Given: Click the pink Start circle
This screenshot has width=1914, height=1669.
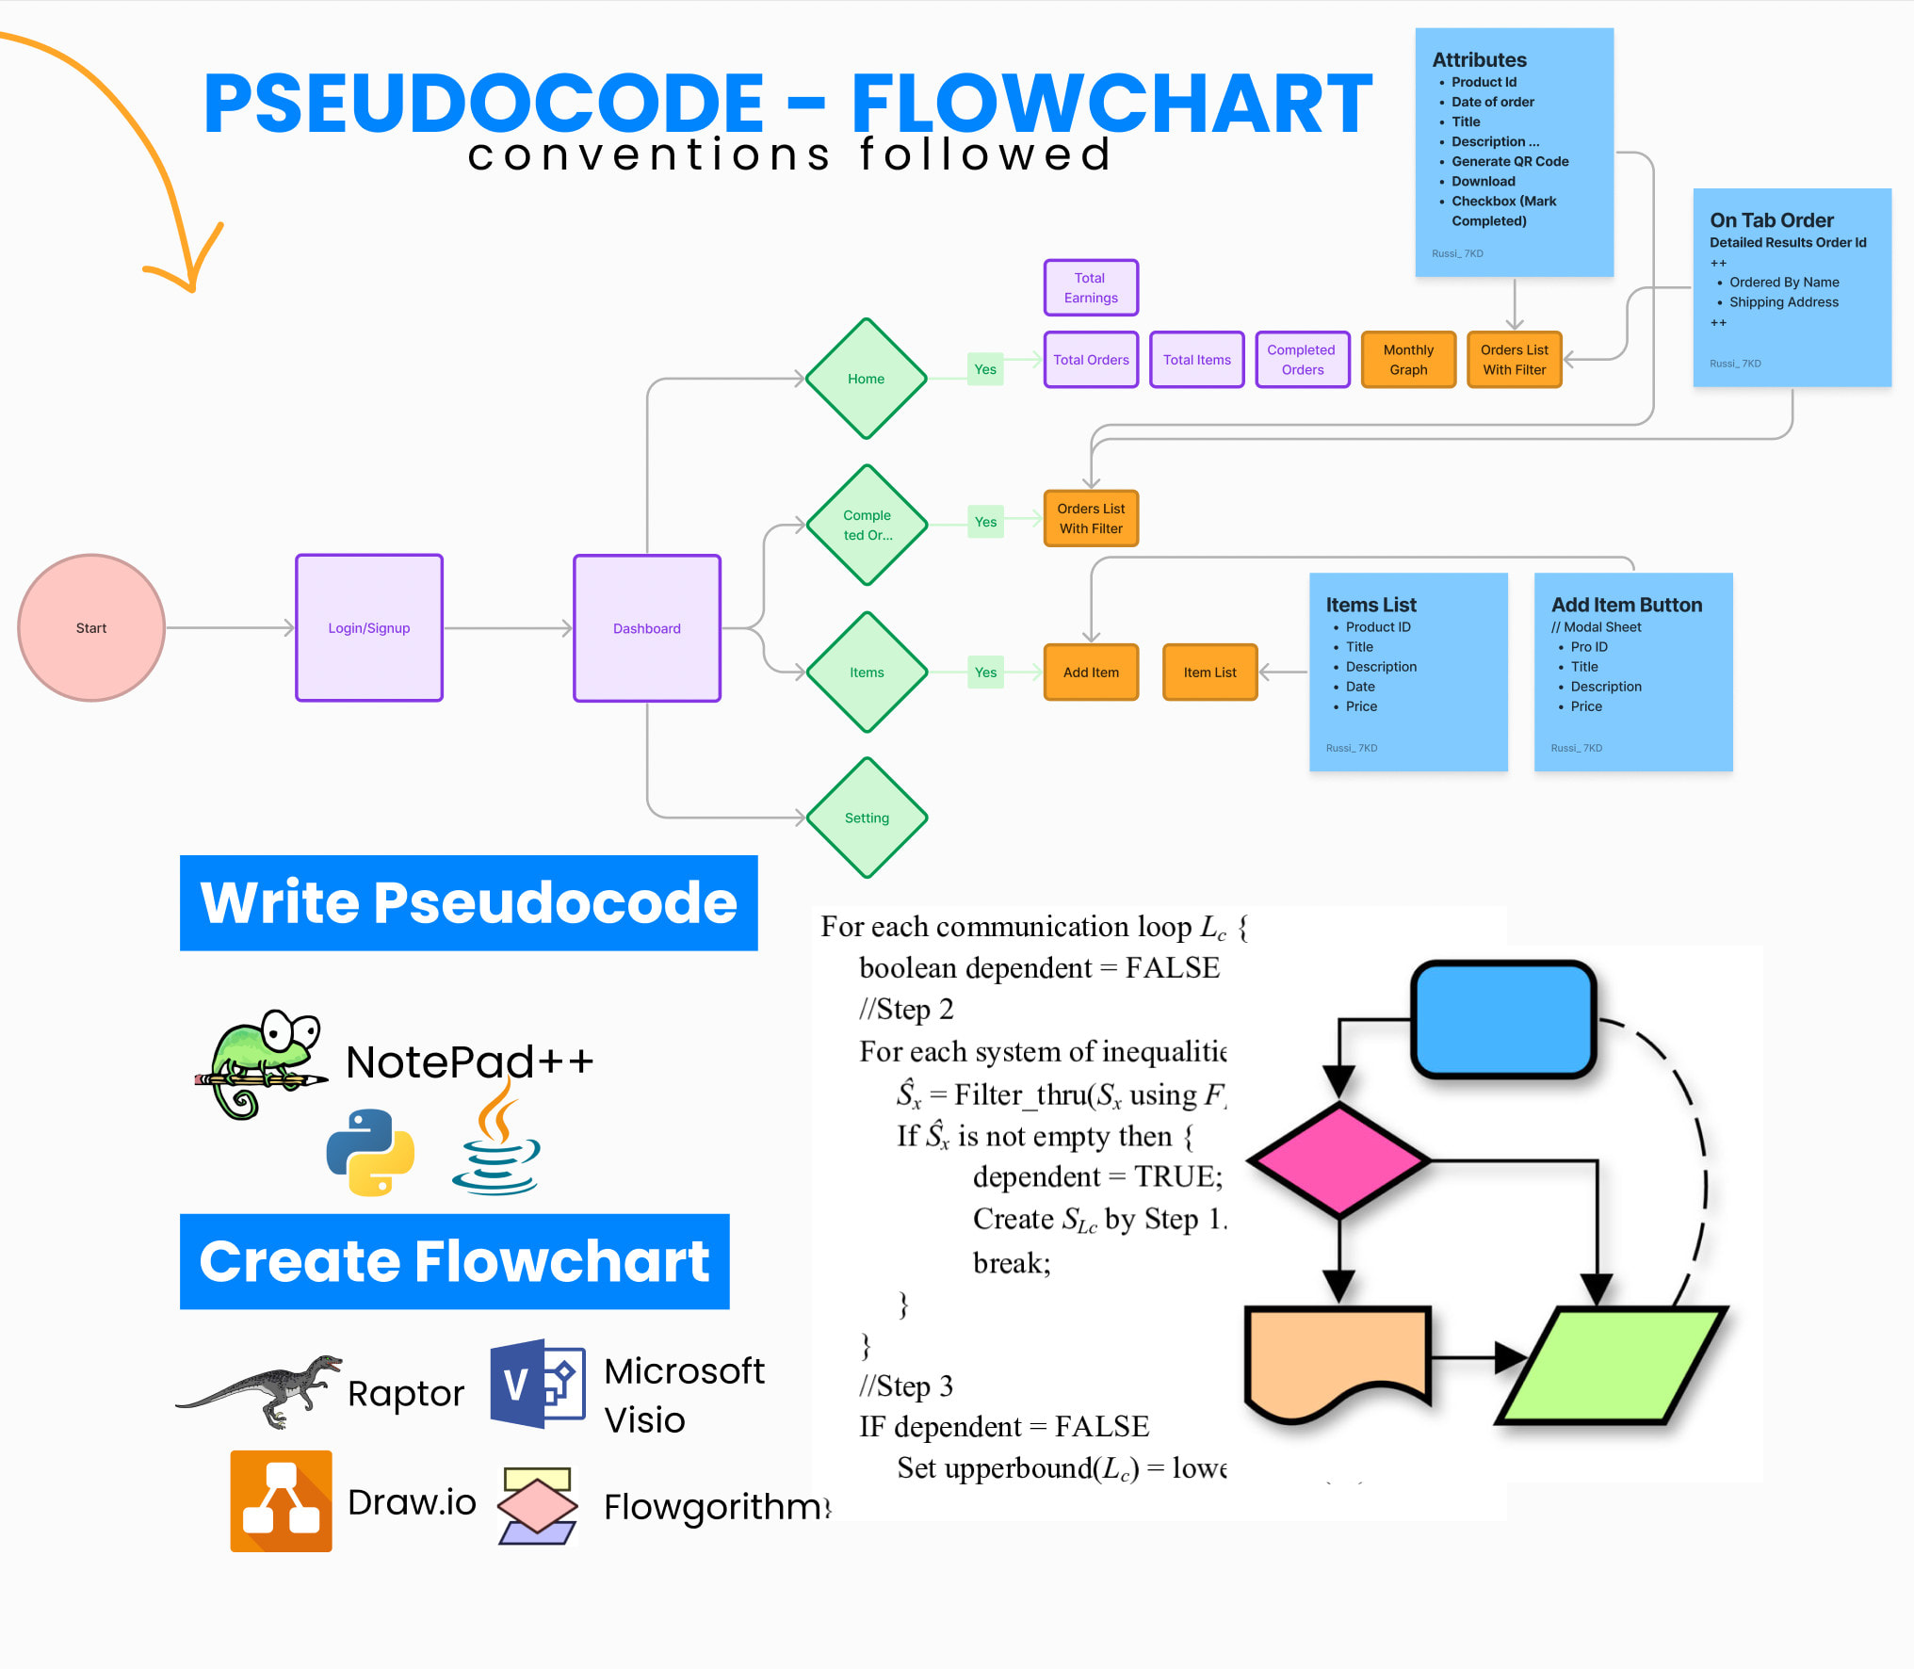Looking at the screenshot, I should pos(91,627).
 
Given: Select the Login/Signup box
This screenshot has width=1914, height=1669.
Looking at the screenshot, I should pos(369,627).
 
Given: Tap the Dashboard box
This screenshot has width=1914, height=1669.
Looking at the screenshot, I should pos(647,627).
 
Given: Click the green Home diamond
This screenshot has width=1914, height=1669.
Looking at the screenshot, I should pos(866,379).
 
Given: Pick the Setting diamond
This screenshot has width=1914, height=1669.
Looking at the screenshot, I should pos(867,818).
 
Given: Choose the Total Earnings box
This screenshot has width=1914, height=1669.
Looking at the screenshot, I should pos(1091,287).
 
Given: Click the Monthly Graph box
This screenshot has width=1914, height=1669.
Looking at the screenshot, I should pos(1408,360).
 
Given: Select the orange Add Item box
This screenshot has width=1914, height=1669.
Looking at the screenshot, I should pos(1091,672).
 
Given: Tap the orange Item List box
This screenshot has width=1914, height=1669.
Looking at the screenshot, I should pos(1209,672).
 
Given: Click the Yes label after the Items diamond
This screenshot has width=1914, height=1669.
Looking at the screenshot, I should pos(985,672).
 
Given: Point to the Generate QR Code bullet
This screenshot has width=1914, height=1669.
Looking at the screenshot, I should pos(1509,161).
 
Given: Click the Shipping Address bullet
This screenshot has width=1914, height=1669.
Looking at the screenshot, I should pos(1783,302).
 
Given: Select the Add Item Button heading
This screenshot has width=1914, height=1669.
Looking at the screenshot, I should pos(1626,605).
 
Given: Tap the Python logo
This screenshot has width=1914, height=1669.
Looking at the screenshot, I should pos(370,1152).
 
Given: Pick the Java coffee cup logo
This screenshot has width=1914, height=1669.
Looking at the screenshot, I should pos(496,1140).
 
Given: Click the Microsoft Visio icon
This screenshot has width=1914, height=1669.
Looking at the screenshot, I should pos(537,1385).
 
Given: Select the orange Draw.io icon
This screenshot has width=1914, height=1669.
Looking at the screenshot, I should pos(281,1501).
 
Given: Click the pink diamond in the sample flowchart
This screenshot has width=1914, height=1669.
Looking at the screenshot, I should pos(1338,1160).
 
